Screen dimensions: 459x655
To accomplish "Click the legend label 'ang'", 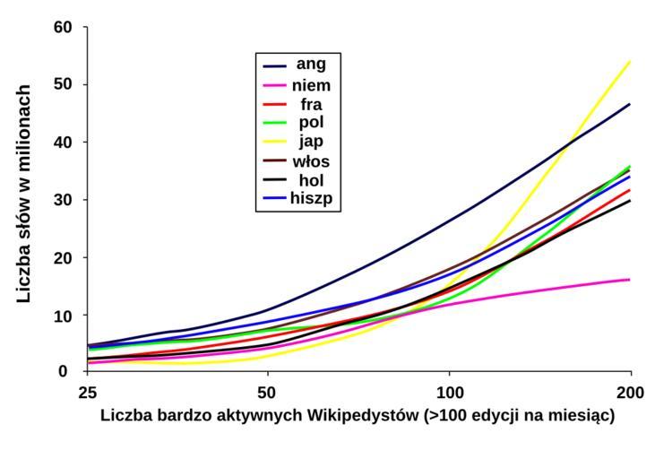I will (x=311, y=65).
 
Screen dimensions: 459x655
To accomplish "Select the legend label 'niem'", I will (x=311, y=85).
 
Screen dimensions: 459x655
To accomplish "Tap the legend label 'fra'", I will (x=311, y=104).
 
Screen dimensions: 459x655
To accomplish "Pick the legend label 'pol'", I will (x=311, y=123).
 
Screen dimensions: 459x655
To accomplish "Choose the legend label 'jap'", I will (x=311, y=142).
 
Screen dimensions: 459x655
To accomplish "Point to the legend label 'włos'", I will (x=311, y=161).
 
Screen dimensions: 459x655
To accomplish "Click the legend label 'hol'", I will (x=311, y=180).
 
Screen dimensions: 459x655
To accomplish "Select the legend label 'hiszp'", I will (x=311, y=199).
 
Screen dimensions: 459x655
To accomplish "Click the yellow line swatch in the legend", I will (x=274, y=143).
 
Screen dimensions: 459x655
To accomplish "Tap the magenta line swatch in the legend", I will (x=274, y=86).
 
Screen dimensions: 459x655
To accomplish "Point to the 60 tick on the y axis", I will (x=62, y=27).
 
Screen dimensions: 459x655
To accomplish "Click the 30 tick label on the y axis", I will (x=62, y=200).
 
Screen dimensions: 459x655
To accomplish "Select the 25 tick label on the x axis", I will (x=88, y=393).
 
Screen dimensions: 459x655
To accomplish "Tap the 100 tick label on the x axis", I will (x=449, y=393).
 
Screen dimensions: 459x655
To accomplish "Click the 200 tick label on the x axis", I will (x=631, y=393).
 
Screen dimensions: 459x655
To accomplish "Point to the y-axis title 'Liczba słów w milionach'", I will (x=25, y=193).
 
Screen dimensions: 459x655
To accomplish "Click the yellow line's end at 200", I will (x=631, y=62).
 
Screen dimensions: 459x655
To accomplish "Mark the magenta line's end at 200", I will (x=631, y=280).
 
